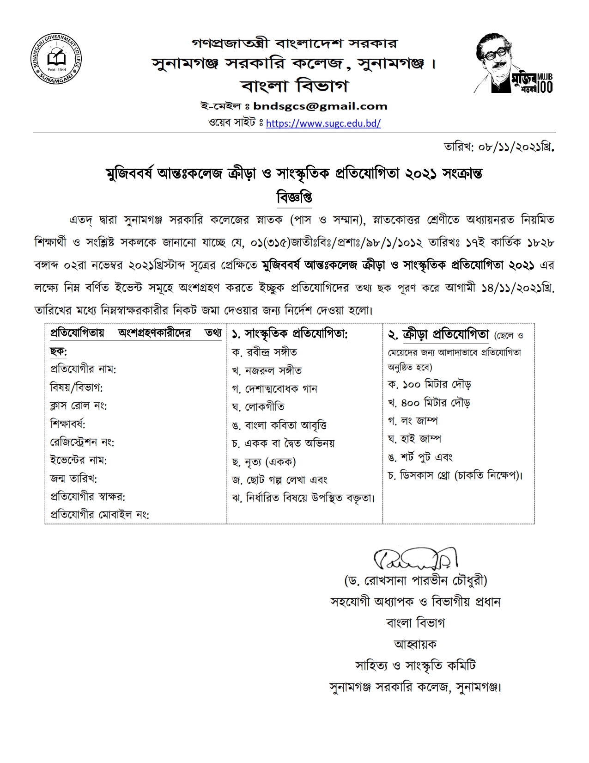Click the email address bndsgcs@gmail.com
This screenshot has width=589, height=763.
click(x=320, y=106)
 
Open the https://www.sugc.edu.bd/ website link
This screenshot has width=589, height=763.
click(x=323, y=123)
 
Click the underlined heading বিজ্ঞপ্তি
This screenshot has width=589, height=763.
click(x=294, y=197)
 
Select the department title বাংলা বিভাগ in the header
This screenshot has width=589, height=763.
click(x=294, y=86)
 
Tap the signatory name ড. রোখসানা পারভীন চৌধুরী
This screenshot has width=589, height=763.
click(x=415, y=580)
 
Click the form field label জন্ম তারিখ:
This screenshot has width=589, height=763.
click(x=73, y=479)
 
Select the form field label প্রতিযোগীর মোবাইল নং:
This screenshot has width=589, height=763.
click(x=99, y=515)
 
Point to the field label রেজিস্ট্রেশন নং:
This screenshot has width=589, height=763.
click(x=82, y=443)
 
